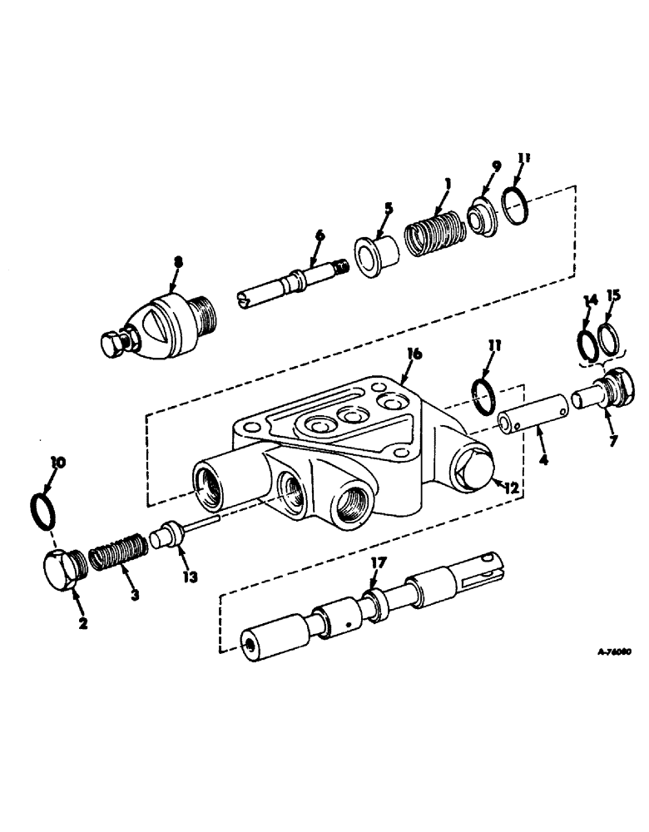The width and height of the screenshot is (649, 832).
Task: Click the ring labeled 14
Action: [x=585, y=343]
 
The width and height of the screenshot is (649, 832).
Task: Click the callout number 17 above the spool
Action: [x=379, y=563]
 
